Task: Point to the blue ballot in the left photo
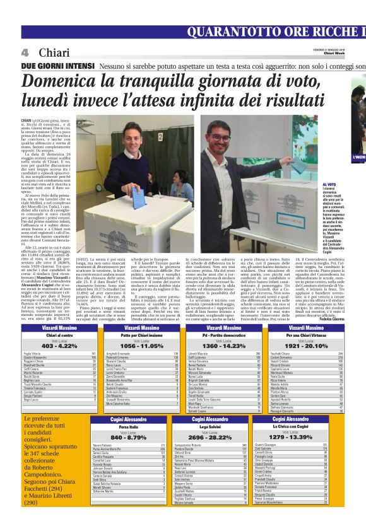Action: [x=139, y=198]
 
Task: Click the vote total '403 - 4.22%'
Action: [x=59, y=346]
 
